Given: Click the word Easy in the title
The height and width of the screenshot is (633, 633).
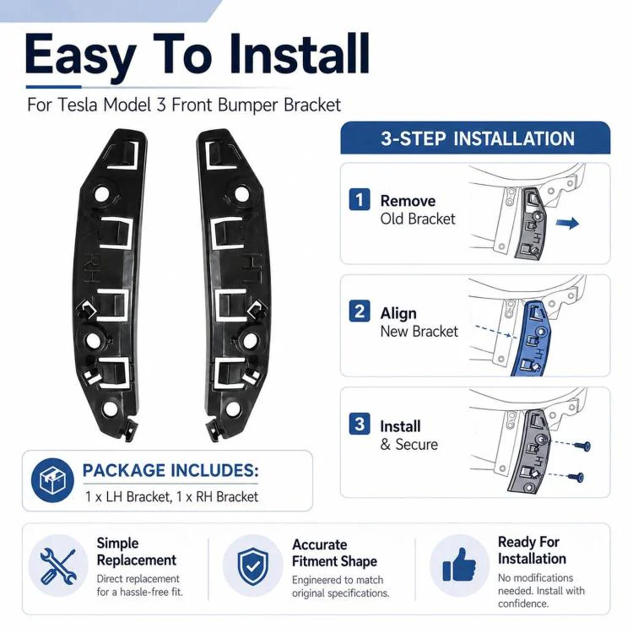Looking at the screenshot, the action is tap(80, 56).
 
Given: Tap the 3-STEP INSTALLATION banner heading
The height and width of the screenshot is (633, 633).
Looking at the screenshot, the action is tap(478, 138).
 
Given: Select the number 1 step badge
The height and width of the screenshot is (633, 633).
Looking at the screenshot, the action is tap(360, 200).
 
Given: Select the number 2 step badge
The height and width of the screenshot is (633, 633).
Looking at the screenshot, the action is tap(360, 311).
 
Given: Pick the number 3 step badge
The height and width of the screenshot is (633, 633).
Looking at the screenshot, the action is tap(360, 424).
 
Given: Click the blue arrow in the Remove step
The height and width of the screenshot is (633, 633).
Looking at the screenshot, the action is tap(568, 223).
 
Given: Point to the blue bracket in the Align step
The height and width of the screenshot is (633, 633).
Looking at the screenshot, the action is tap(530, 338).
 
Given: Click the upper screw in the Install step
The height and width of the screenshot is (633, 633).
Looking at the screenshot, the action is tap(582, 446).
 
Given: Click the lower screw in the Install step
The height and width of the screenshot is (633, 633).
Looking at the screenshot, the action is tap(576, 477).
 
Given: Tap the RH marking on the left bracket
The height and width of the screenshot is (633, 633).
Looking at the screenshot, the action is tap(92, 268).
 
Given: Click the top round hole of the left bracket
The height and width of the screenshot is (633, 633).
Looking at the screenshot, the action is tap(102, 194).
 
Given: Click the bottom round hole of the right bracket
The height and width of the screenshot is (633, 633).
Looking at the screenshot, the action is tap(233, 408).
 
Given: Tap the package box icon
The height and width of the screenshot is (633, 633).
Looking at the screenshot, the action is tap(52, 479).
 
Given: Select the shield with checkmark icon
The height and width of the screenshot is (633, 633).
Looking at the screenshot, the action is tap(252, 566).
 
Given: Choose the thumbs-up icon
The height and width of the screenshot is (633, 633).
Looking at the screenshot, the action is tap(459, 565).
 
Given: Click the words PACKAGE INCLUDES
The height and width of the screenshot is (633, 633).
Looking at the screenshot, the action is tap(170, 471).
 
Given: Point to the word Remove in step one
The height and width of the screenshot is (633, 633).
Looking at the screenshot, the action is tap(408, 201).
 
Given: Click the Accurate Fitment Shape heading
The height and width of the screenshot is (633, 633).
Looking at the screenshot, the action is tap(334, 553).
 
